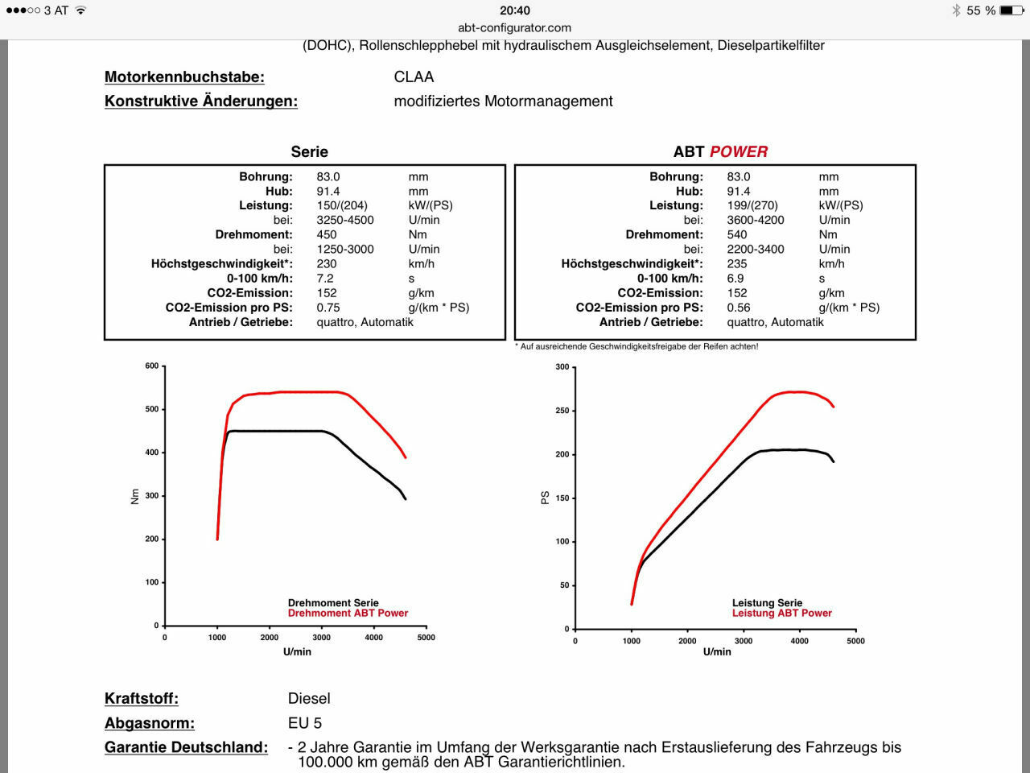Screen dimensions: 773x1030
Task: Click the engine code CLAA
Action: pos(414,77)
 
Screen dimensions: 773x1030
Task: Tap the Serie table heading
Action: pos(309,151)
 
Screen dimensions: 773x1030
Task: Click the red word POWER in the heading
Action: pos(738,151)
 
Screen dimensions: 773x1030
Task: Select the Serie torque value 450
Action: pos(327,234)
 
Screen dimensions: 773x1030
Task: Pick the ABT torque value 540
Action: pos(737,234)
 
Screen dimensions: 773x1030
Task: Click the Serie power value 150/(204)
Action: pos(342,205)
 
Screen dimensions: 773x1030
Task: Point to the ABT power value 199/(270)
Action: pos(752,205)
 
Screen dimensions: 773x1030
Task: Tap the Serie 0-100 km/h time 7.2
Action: pos(325,278)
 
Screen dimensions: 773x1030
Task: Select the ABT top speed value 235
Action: pos(737,263)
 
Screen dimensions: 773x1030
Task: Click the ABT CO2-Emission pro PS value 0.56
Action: pos(739,307)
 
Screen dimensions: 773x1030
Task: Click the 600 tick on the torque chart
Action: pos(152,366)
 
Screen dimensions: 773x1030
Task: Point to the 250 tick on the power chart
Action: pos(562,411)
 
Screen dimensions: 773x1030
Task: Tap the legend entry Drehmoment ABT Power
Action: pos(348,613)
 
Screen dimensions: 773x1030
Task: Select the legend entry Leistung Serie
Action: pos(767,602)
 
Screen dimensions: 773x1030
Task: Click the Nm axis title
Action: pos(135,497)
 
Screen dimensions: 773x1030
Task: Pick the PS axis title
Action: pos(545,498)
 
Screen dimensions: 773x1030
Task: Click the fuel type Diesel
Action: pos(309,698)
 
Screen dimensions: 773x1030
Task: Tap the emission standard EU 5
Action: pos(305,722)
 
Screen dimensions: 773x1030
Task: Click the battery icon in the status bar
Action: pos(1011,10)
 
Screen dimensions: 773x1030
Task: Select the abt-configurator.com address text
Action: pos(514,27)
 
